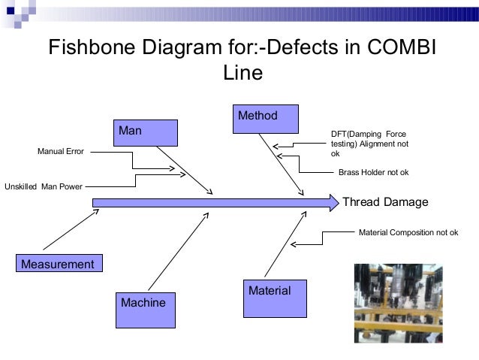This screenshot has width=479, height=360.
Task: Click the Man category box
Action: [x=146, y=132]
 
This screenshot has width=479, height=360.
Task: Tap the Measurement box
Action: [x=58, y=264]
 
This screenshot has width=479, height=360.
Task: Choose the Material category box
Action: [x=276, y=298]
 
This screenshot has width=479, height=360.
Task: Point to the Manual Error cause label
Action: [x=62, y=152]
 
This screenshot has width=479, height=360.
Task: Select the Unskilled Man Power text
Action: [x=44, y=185]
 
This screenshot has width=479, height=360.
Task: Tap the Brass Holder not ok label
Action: [x=373, y=173]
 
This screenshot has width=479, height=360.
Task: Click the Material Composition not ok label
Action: [x=408, y=232]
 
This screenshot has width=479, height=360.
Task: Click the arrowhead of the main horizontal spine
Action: [x=333, y=202]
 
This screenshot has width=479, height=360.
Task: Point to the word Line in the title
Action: [x=243, y=73]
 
